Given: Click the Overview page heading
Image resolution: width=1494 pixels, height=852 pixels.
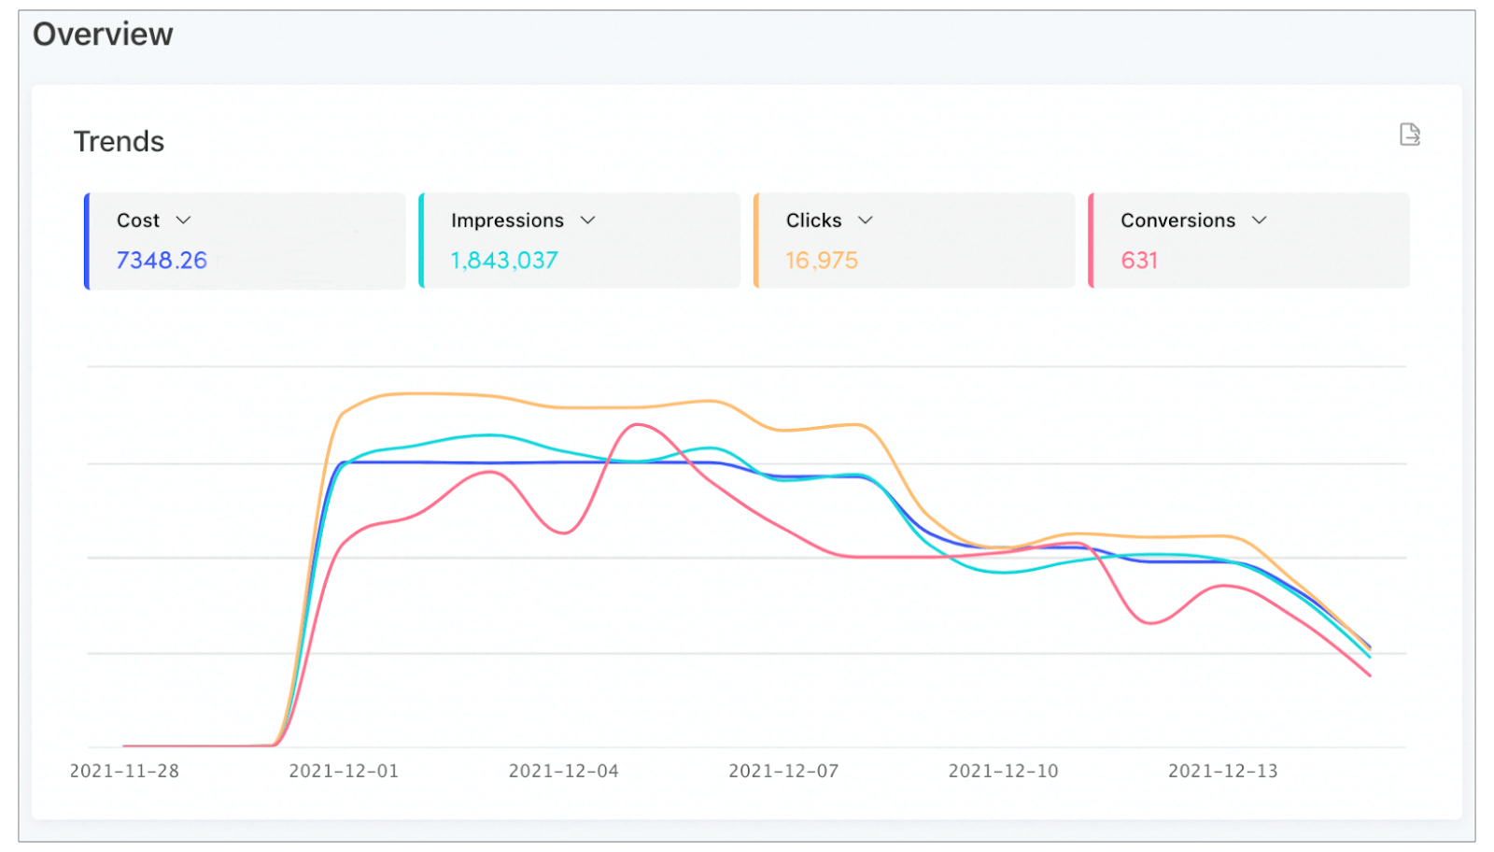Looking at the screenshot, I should click(x=103, y=35).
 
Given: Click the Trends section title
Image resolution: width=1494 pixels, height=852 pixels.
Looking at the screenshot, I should click(x=119, y=141).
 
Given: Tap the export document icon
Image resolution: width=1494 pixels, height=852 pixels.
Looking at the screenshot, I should click(x=1409, y=135).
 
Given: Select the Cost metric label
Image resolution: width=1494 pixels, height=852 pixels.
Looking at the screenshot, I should click(x=138, y=220).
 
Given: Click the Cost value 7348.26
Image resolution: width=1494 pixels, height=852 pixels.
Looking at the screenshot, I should click(x=162, y=261).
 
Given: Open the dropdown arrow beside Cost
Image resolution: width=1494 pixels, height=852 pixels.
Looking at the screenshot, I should click(x=183, y=220).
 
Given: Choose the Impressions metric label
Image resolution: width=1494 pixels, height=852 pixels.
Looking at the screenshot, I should click(x=507, y=220).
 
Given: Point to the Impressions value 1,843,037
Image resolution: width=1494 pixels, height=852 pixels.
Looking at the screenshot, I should click(x=504, y=261).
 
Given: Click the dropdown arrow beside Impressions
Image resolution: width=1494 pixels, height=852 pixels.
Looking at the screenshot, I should click(x=587, y=220).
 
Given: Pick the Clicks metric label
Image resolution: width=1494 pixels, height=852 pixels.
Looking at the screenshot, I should click(x=813, y=220).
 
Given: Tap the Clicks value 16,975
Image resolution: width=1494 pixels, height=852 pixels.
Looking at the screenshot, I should click(x=822, y=261).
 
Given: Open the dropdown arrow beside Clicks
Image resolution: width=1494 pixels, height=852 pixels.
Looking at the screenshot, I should click(x=866, y=220).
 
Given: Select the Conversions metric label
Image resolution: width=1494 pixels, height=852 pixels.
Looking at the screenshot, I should click(x=1177, y=220).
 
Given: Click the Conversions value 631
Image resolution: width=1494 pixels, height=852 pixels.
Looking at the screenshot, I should click(x=1139, y=261).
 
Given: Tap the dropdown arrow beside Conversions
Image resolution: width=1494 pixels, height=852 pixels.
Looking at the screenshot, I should click(x=1259, y=220).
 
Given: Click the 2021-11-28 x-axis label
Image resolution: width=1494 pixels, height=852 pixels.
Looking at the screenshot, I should click(x=124, y=771).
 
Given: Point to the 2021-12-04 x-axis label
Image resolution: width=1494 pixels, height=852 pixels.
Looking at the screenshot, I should click(x=563, y=771).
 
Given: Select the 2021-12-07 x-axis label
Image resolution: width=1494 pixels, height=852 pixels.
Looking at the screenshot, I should click(x=783, y=771).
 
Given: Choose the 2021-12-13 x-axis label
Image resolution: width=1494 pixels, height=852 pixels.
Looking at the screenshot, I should click(x=1222, y=771).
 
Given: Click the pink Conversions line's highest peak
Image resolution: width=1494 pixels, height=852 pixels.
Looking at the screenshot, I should click(x=637, y=425).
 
